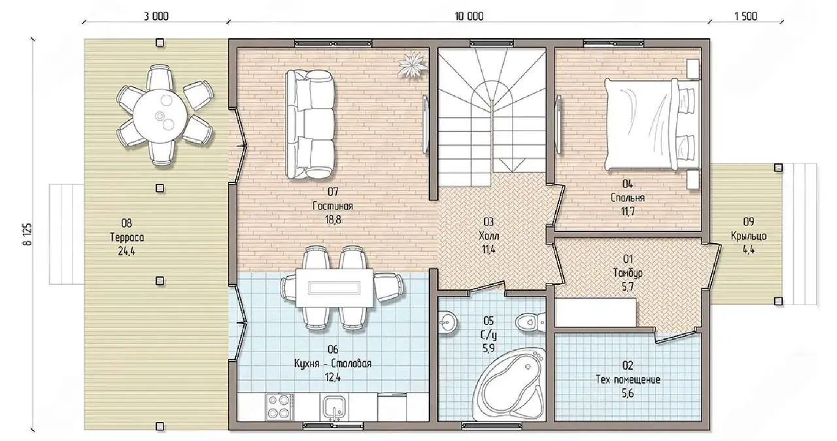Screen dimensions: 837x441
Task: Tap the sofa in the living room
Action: click(x=310, y=124)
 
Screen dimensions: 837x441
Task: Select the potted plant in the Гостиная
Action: click(x=413, y=65)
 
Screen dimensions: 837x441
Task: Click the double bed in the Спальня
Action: click(x=652, y=124)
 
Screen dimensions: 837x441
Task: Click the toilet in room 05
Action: click(x=530, y=321)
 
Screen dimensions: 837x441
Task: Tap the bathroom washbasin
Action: click(x=447, y=322)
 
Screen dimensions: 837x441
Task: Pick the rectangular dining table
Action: click(x=334, y=288)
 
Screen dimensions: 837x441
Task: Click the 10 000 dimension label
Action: click(x=469, y=16)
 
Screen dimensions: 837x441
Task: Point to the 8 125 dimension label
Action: click(x=28, y=234)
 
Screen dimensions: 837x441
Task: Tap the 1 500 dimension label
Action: click(x=746, y=16)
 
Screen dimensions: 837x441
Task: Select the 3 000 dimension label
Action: click(x=156, y=16)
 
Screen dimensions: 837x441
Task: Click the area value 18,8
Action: click(x=333, y=220)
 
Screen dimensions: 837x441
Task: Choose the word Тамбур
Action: click(x=628, y=273)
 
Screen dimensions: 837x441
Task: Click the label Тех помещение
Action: click(x=628, y=380)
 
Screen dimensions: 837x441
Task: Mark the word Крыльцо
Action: click(x=749, y=236)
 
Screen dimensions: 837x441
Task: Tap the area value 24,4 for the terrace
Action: click(x=126, y=252)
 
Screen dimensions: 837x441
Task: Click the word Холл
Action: click(x=488, y=236)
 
